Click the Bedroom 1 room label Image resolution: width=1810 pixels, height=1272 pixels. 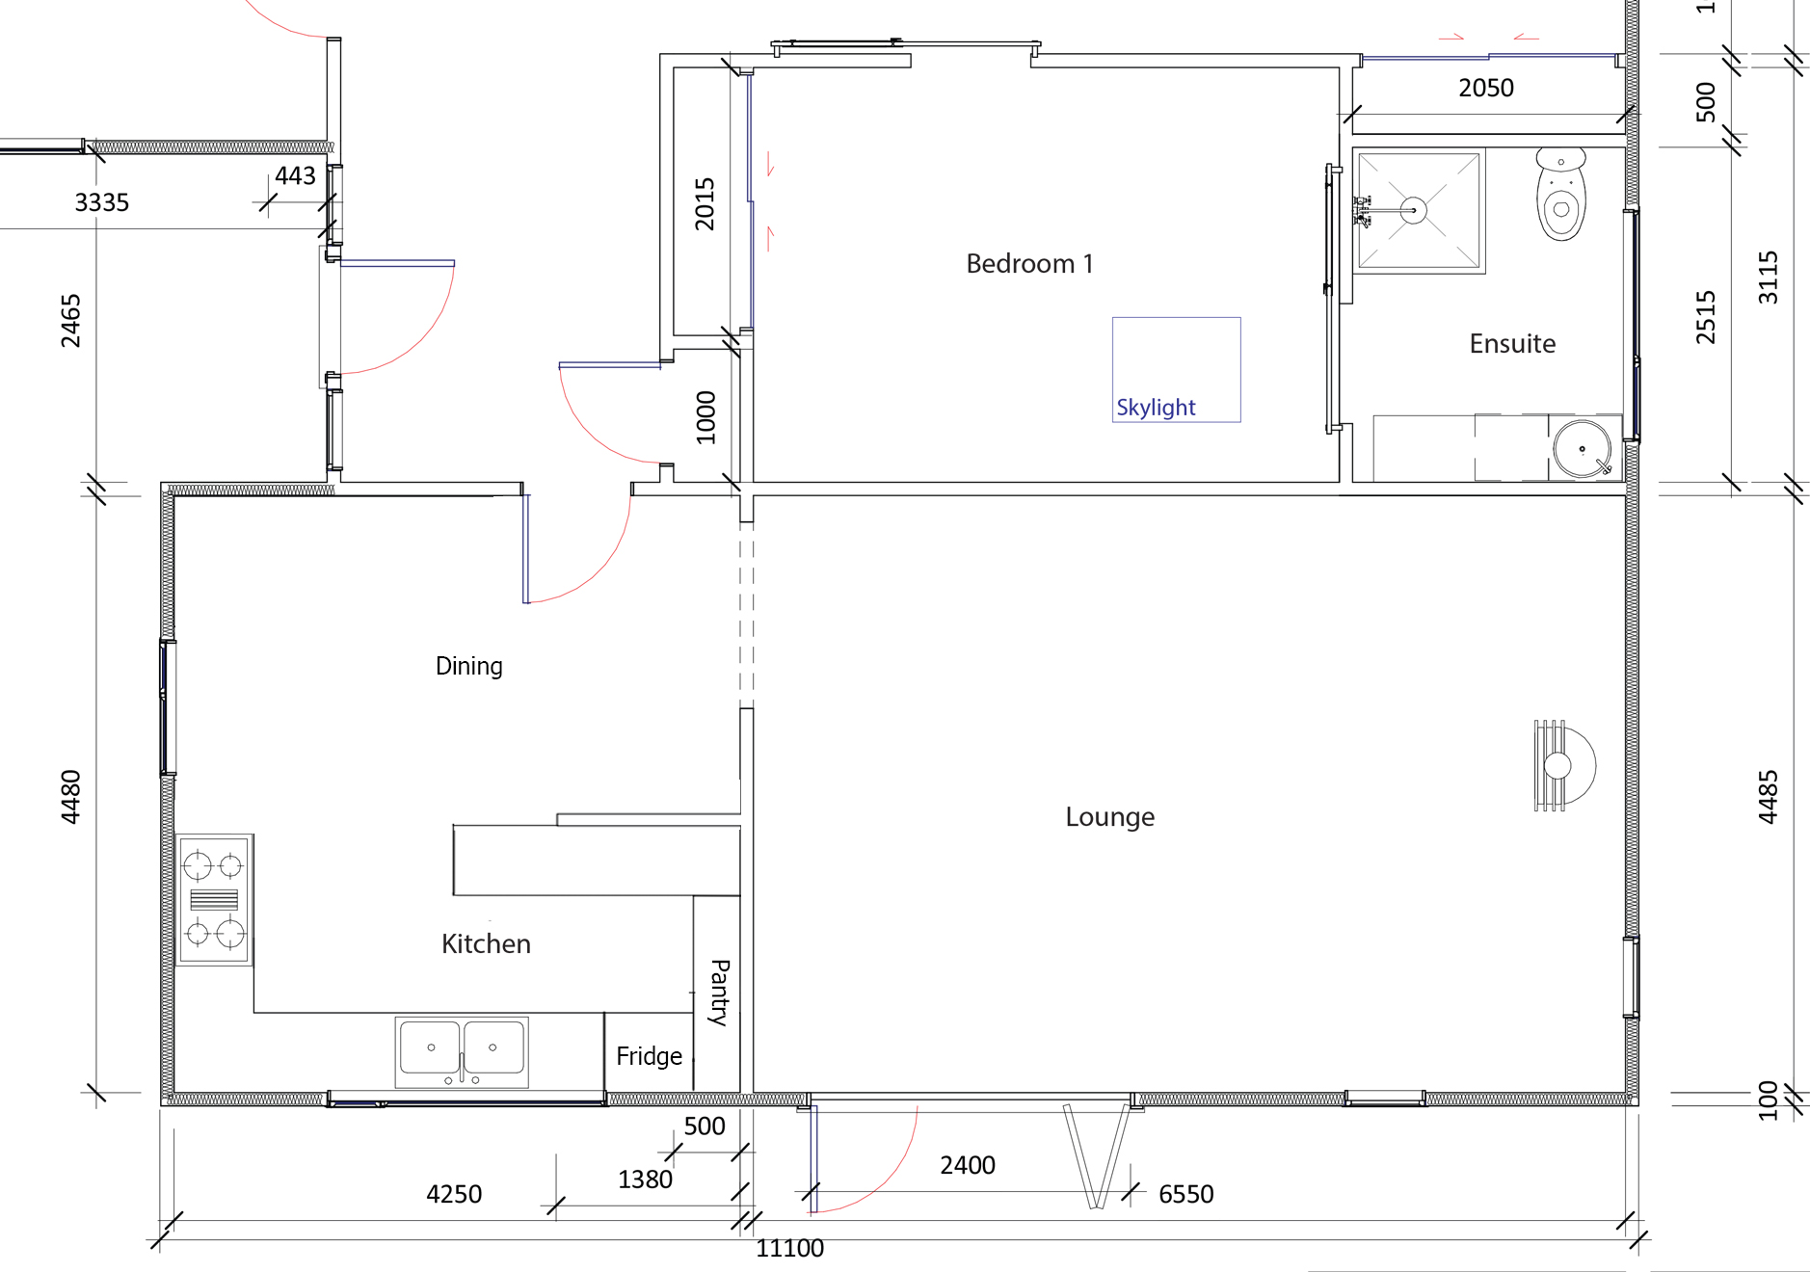coord(1029,263)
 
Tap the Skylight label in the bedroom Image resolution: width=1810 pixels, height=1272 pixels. coord(1156,408)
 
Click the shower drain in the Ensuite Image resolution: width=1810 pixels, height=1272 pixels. coord(1413,210)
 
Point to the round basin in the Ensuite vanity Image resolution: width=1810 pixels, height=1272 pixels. coord(1582,448)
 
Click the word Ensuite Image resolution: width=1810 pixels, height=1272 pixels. coord(1512,344)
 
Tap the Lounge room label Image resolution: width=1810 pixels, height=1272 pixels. coord(1109,817)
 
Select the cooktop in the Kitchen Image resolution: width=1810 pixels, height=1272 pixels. coord(214,899)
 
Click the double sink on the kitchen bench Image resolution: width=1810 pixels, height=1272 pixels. coord(462,1050)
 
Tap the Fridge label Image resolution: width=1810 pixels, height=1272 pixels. coord(649,1056)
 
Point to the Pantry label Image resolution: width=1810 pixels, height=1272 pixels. coord(719,992)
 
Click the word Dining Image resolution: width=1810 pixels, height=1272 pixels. coord(469,666)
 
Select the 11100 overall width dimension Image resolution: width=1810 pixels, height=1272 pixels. coord(789,1248)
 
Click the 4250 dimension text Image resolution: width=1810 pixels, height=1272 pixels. coord(454,1194)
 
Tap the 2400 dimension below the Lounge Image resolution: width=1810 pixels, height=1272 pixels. coord(968,1165)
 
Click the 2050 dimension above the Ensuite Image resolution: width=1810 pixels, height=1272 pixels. coord(1485,88)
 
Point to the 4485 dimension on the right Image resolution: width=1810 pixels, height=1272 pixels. coord(1768,797)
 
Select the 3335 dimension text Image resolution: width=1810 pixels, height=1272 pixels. coord(101,202)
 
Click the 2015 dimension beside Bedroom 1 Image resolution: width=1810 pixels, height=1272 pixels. coord(705,203)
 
